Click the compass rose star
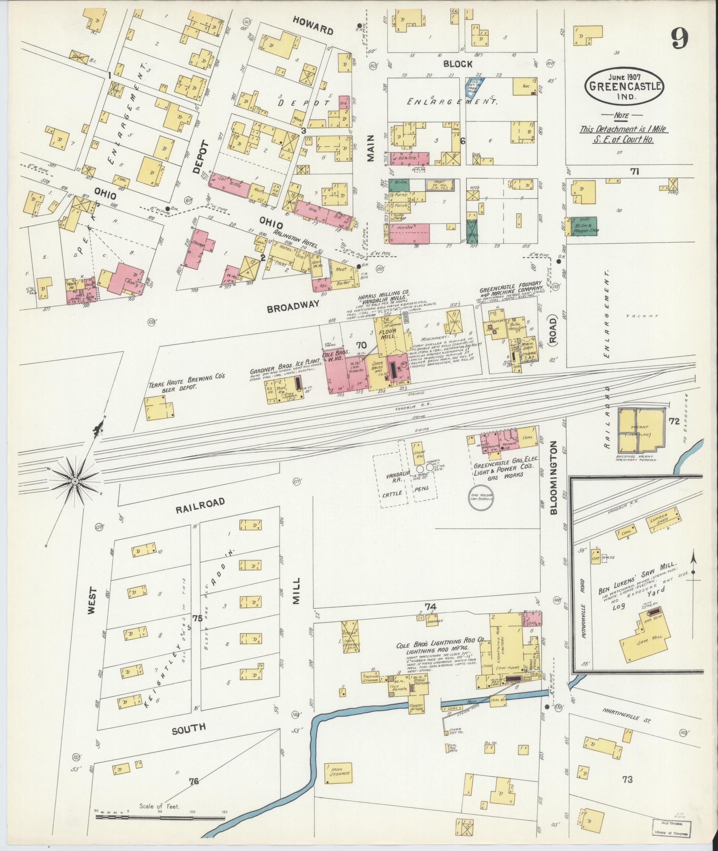click(75, 481)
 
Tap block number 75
click(197, 618)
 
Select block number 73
click(628, 779)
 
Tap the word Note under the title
click(621, 116)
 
